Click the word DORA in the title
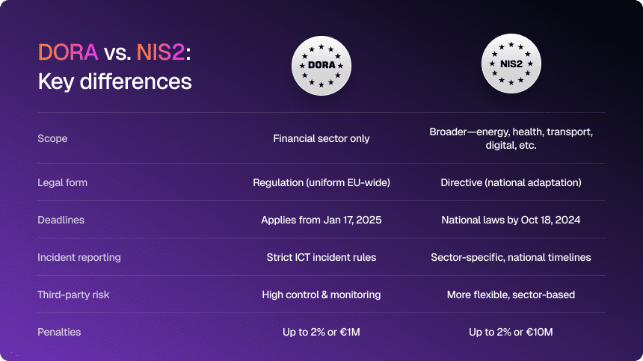pyautogui.click(x=68, y=52)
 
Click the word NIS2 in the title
pyautogui.click(x=160, y=52)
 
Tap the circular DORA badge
pyautogui.click(x=321, y=66)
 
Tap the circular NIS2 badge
pyautogui.click(x=511, y=64)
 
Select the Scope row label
pyautogui.click(x=52, y=138)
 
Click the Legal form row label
pyautogui.click(x=62, y=182)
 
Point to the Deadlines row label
pyautogui.click(x=61, y=220)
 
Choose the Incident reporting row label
pyautogui.click(x=79, y=257)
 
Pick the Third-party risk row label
pyautogui.click(x=73, y=294)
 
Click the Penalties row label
pyautogui.click(x=59, y=332)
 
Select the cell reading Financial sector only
pyautogui.click(x=321, y=138)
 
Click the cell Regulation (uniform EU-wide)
pyautogui.click(x=321, y=182)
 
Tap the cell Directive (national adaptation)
pyautogui.click(x=511, y=182)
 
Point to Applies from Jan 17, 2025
pyautogui.click(x=321, y=220)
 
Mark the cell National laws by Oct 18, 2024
pyautogui.click(x=511, y=220)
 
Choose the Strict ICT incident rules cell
pyautogui.click(x=321, y=257)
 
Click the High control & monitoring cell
pyautogui.click(x=321, y=294)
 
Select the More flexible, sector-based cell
pyautogui.click(x=511, y=294)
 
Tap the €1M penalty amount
pyautogui.click(x=350, y=332)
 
